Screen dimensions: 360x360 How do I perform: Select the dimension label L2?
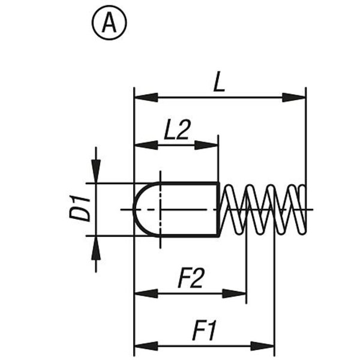177,130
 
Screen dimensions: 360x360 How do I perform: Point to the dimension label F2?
191,278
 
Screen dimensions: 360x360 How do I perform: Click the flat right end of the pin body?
217,209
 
